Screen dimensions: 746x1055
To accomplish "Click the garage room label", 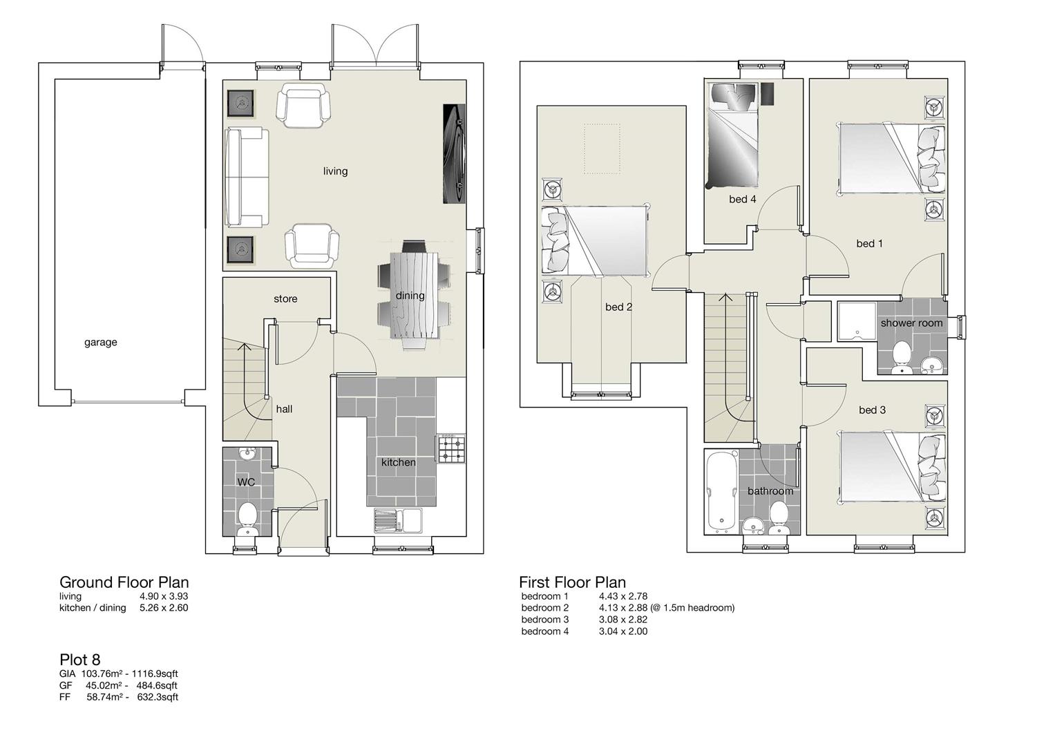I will (x=101, y=342).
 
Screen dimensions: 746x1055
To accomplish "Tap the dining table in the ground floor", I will (x=413, y=295).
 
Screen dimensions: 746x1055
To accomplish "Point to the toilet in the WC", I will (x=246, y=518).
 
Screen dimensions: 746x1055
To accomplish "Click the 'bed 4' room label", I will (x=742, y=199).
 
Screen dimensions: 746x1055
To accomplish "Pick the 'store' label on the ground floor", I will (x=285, y=298).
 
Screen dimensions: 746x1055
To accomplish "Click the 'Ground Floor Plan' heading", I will (x=124, y=582).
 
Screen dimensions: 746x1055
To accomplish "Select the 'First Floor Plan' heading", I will (x=572, y=582).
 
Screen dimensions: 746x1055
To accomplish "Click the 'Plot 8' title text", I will (x=79, y=659).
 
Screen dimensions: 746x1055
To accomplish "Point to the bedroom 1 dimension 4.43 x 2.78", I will (x=622, y=596).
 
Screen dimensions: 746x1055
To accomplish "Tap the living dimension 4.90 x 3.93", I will (x=164, y=596).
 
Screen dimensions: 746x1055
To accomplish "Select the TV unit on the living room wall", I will (x=453, y=153).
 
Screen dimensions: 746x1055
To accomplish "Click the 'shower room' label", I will (x=911, y=323).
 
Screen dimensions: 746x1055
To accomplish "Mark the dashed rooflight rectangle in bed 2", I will (x=605, y=149).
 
